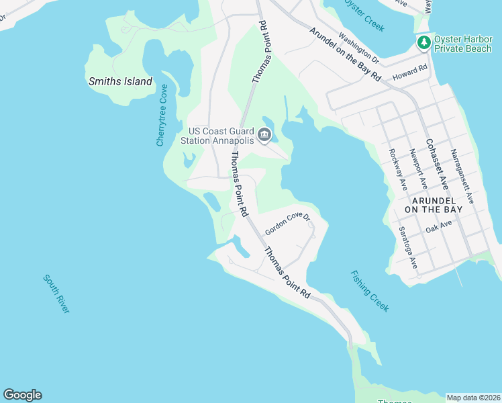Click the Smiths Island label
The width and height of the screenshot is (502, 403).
tap(120, 82)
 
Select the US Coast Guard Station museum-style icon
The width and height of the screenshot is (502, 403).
tap(264, 135)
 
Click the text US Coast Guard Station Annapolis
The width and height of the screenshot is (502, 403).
tap(221, 136)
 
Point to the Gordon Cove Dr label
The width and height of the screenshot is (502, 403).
tap(287, 224)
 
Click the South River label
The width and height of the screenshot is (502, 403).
tap(56, 294)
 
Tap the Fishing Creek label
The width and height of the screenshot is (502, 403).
tap(369, 291)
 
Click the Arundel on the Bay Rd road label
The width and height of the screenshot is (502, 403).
tap(345, 54)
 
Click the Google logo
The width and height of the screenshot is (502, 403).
tap(23, 395)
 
